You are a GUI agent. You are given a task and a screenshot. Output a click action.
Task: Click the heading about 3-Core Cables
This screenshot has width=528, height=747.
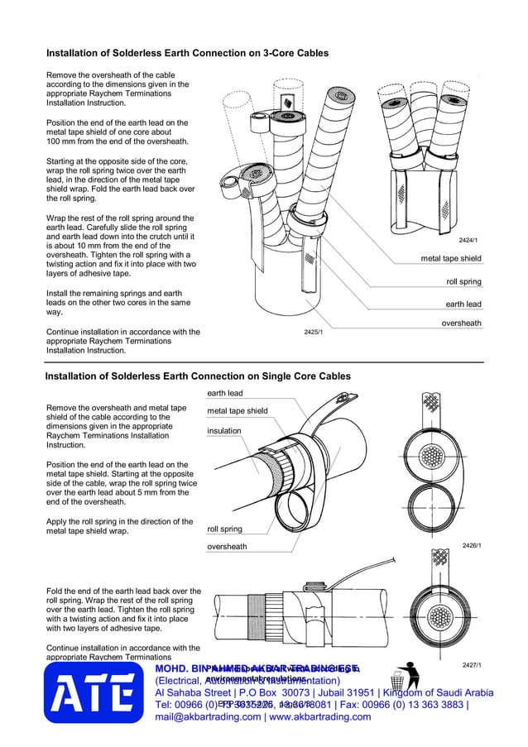[186, 53]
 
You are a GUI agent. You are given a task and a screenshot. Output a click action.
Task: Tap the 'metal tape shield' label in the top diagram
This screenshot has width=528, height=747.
[450, 259]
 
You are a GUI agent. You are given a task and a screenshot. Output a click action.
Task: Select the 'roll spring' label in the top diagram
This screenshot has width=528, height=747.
[463, 282]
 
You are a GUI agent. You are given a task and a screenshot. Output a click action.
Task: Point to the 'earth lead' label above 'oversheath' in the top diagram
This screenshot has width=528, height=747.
[463, 304]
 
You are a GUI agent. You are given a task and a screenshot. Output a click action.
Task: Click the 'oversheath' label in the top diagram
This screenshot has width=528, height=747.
[461, 323]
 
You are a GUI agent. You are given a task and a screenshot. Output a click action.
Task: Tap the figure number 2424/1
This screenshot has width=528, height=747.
[469, 240]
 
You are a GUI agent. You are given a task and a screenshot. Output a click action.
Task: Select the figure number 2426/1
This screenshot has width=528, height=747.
[471, 545]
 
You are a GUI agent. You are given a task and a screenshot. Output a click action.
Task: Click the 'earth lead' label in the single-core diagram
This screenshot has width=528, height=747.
[224, 393]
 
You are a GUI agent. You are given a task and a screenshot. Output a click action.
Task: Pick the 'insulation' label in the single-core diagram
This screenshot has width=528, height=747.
[224, 431]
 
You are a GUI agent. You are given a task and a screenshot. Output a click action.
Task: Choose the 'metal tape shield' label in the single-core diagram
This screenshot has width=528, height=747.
[237, 411]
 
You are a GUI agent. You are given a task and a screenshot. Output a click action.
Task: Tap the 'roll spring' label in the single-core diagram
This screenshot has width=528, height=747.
[224, 529]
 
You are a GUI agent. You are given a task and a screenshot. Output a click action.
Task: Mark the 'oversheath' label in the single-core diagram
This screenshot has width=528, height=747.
[227, 547]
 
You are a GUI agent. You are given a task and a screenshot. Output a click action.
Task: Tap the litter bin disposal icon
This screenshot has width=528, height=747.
[397, 676]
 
